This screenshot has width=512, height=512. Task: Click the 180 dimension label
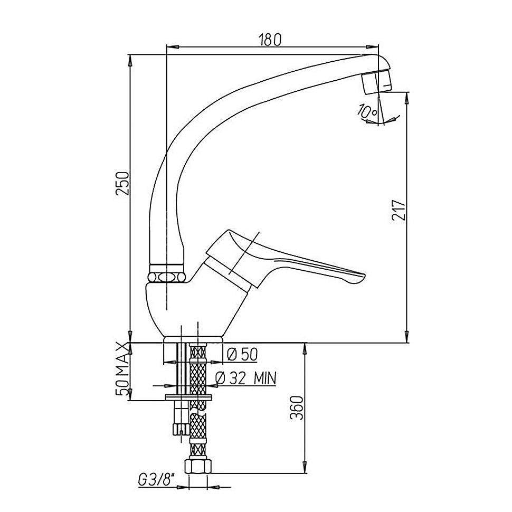[x=269, y=40]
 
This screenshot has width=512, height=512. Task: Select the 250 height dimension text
[x=123, y=183]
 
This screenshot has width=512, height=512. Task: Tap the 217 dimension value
[x=399, y=210]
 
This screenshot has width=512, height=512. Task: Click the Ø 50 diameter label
[x=242, y=354]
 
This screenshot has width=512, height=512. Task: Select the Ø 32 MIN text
[x=246, y=378]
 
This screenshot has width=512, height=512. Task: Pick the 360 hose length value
[x=297, y=408]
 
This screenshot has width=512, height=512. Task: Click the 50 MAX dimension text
[x=123, y=369]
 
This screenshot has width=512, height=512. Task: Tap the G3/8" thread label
[x=156, y=480]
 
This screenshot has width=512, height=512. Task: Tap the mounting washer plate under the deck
[x=188, y=397]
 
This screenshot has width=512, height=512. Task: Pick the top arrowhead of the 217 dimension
[x=407, y=98]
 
